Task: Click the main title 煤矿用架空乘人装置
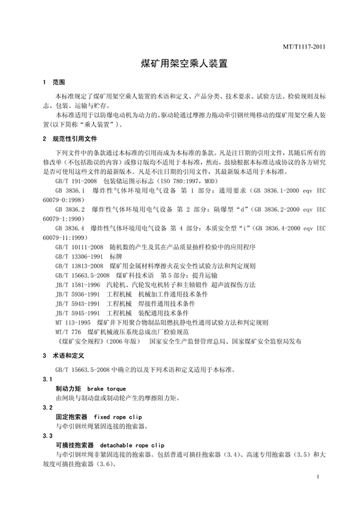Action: pyautogui.click(x=179, y=62)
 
